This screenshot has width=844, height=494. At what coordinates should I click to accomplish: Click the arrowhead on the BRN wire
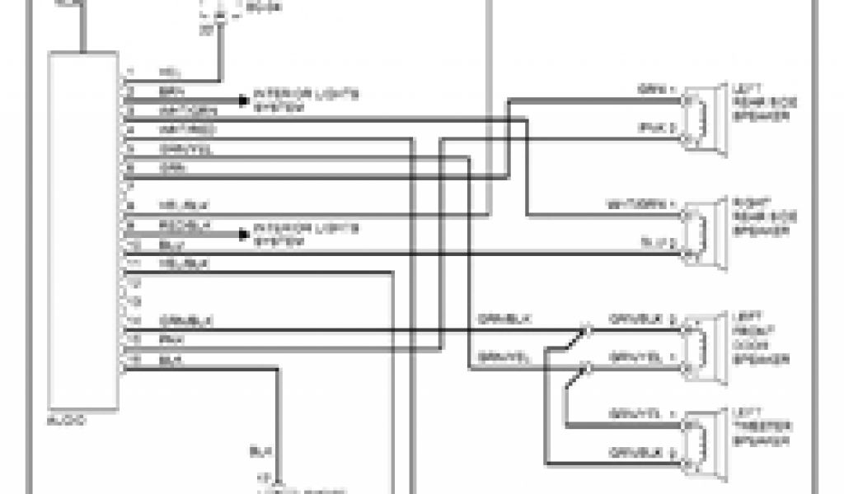coord(243,100)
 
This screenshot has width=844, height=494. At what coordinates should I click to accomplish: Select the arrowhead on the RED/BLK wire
coord(243,235)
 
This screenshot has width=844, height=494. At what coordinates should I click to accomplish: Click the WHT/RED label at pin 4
coord(176,130)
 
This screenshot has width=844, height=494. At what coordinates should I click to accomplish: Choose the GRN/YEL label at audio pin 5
coord(178,149)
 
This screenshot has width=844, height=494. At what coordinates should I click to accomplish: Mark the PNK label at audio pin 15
coord(168,339)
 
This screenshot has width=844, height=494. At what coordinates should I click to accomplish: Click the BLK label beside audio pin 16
coord(168,360)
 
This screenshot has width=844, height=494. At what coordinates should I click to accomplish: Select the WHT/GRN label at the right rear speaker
coord(651,203)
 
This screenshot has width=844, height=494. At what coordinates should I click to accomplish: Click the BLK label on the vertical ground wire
coord(256,452)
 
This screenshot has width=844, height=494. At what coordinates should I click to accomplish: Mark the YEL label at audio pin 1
coord(168,72)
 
